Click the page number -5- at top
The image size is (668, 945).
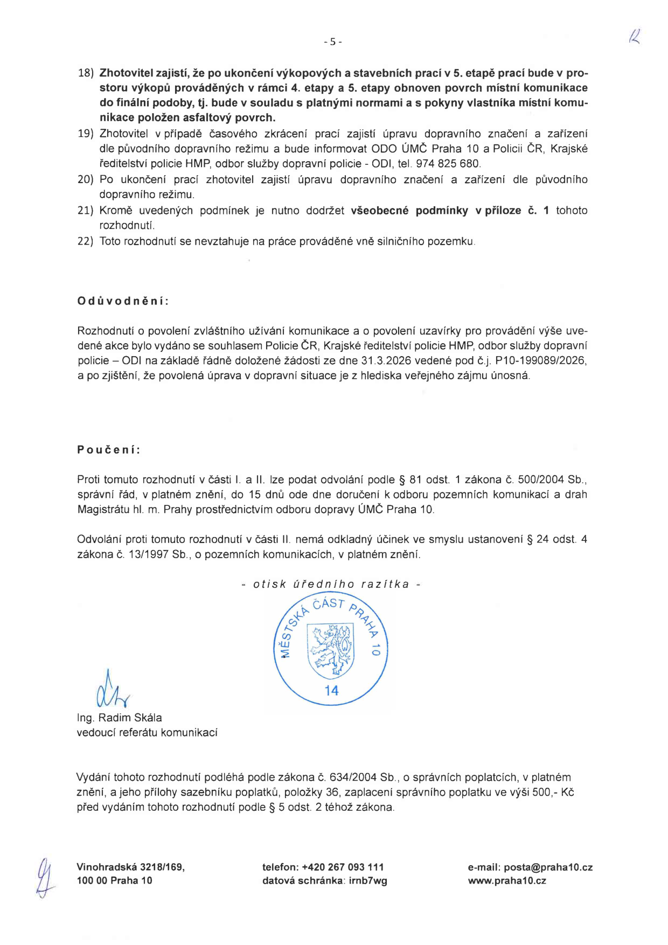click(333, 41)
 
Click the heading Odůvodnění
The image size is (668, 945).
click(123, 301)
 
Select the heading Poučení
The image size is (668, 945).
click(109, 449)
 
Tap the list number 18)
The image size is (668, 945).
click(86, 73)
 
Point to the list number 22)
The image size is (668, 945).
click(86, 241)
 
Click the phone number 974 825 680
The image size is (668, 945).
click(448, 164)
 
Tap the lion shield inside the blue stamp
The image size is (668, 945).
click(331, 650)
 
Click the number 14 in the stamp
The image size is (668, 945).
click(331, 691)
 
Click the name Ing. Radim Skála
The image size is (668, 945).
click(119, 718)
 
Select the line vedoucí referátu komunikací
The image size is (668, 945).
click(147, 733)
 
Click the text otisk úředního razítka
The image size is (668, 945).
click(331, 584)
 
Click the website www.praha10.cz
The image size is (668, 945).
click(507, 881)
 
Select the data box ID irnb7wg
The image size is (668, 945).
click(368, 881)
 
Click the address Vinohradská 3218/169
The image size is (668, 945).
click(130, 867)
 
